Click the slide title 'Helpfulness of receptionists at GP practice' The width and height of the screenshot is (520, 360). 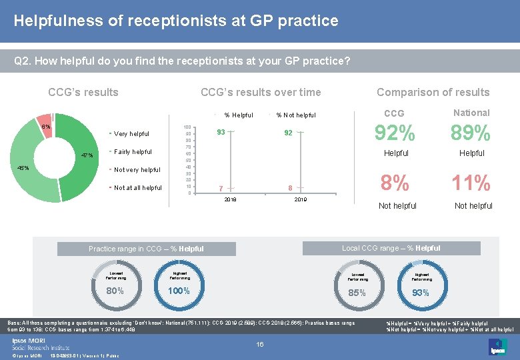[176, 21]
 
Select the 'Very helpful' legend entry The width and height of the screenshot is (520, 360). [131, 134]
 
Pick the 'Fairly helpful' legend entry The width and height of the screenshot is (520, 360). [133, 152]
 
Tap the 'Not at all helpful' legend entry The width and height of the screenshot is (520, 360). [137, 188]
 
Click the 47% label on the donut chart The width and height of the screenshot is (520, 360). [87, 155]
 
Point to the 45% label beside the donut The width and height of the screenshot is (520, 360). [23, 168]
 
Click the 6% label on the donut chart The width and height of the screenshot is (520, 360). [45, 127]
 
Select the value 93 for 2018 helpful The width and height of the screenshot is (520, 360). [221, 132]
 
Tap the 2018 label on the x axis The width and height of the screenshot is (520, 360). [230, 199]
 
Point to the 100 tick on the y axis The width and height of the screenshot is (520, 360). [187, 127]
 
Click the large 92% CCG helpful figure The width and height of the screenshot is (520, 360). [396, 133]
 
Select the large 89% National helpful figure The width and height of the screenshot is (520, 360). [471, 133]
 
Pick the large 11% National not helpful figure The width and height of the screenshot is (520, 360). [471, 182]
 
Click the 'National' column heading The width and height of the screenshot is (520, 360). [471, 113]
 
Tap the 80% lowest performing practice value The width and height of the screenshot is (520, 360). [115, 291]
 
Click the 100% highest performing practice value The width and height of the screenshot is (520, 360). [179, 291]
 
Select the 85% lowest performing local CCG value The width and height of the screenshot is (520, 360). [357, 293]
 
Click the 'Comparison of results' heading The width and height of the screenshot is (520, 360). [433, 93]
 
